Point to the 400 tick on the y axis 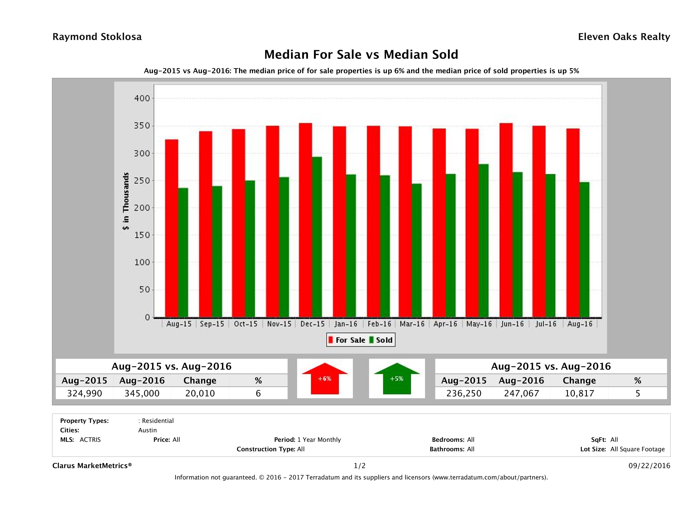[x=142, y=98]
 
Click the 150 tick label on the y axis [x=142, y=235]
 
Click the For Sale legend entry [x=350, y=340]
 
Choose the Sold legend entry [x=384, y=340]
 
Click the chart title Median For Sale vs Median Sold [x=361, y=55]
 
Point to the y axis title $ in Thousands [x=126, y=201]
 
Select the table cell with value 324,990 [x=85, y=393]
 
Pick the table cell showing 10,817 [x=579, y=393]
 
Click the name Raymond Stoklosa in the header [x=97, y=37]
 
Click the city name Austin [x=147, y=430]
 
